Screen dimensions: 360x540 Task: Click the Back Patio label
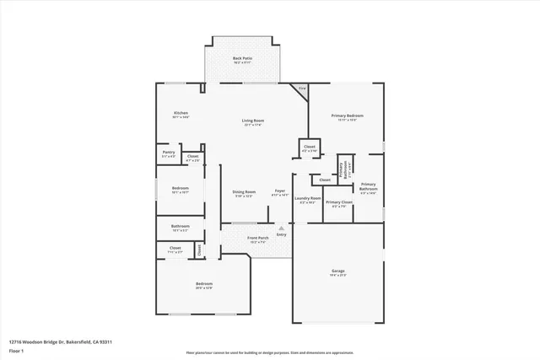point(242,58)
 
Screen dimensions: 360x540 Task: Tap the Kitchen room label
point(181,114)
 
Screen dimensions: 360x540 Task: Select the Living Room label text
point(253,121)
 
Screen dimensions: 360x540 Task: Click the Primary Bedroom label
point(348,116)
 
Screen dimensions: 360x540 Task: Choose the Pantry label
point(169,153)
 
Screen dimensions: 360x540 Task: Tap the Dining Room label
point(244,192)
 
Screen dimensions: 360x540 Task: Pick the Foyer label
point(279,192)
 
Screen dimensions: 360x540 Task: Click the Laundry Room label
point(307,199)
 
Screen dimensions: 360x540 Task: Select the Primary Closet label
point(338,203)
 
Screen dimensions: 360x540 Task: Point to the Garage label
point(337,271)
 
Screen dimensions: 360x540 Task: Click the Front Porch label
point(257,239)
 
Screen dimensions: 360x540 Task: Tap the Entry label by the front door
point(281,234)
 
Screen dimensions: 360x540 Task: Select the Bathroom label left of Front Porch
point(181,226)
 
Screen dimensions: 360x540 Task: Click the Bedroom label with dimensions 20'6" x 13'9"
point(203,284)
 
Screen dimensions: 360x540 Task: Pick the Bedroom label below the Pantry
point(181,188)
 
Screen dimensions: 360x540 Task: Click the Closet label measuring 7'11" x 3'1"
point(175,248)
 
